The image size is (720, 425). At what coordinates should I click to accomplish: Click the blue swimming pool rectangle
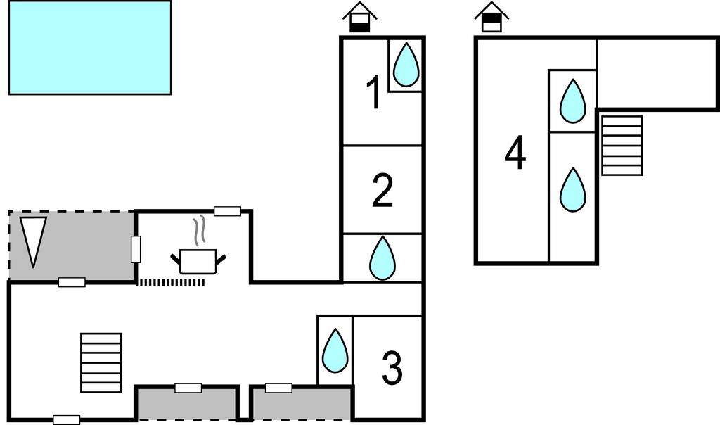(89, 47)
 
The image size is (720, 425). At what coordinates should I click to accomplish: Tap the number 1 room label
(375, 94)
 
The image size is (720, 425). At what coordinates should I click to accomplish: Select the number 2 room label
(382, 191)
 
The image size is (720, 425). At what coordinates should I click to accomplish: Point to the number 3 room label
(392, 368)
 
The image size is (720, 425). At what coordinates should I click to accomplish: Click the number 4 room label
(515, 154)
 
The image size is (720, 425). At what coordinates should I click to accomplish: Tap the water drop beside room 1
(406, 65)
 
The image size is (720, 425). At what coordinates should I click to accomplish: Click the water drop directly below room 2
(382, 258)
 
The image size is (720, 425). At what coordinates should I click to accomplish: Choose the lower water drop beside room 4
(572, 189)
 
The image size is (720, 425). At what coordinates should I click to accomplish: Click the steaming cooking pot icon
(199, 260)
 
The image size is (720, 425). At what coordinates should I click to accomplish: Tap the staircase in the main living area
(101, 363)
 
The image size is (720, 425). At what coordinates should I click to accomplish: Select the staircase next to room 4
(622, 146)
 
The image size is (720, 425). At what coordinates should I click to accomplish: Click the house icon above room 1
(360, 17)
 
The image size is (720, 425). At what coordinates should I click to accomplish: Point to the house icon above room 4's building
(491, 17)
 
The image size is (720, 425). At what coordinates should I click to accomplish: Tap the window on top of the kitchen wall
(227, 210)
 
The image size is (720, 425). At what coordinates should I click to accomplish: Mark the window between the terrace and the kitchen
(136, 249)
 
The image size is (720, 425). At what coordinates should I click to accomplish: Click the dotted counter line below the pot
(171, 282)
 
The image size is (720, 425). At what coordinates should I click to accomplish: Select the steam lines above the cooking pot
(200, 229)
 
